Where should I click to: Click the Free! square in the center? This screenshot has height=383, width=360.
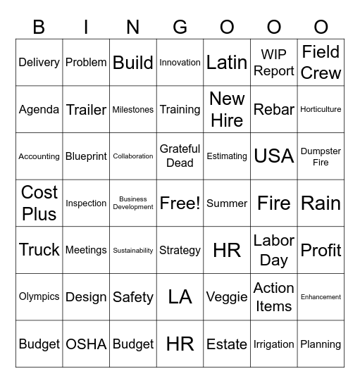click(x=180, y=203)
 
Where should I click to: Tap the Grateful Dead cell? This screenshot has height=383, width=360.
click(x=180, y=156)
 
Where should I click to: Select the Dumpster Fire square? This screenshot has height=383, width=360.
click(x=321, y=156)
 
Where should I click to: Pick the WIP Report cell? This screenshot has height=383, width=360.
click(x=274, y=63)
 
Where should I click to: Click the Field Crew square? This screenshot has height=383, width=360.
click(x=321, y=63)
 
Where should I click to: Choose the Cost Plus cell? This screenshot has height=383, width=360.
click(x=39, y=203)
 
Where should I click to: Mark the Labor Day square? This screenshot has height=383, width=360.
click(x=274, y=250)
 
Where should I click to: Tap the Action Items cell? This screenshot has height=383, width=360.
click(x=274, y=297)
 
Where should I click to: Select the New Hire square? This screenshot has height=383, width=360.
click(x=227, y=109)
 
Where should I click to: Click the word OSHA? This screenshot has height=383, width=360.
click(x=86, y=344)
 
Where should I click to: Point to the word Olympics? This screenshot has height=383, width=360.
click(x=39, y=297)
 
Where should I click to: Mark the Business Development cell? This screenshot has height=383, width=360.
click(x=133, y=203)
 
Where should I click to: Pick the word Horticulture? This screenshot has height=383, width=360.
click(x=321, y=109)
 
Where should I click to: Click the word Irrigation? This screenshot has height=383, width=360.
click(x=274, y=344)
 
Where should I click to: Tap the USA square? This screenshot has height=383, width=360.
click(x=274, y=156)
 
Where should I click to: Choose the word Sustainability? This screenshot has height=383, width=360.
click(x=133, y=250)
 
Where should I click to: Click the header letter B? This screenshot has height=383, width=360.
click(x=39, y=27)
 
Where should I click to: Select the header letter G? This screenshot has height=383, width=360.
click(x=180, y=27)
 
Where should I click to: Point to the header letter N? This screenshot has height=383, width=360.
click(x=133, y=27)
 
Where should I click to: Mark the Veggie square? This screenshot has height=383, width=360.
click(x=227, y=297)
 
